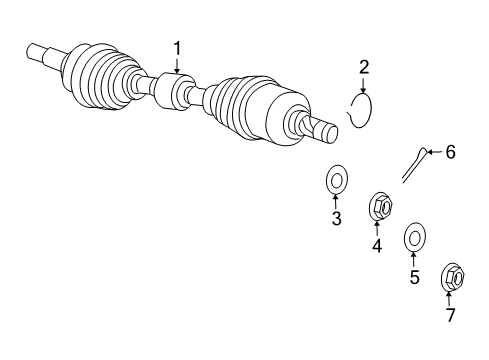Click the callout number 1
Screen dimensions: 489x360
178,47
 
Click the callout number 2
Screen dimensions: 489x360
364,67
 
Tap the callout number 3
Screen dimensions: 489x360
336,218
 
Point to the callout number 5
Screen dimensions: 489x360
414,277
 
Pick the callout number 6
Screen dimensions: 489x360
450,152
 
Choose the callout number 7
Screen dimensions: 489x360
449,316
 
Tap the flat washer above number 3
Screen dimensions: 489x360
336,181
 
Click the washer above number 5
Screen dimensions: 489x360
414,239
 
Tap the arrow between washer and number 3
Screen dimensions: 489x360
336,202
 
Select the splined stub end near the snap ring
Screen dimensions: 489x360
321,129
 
